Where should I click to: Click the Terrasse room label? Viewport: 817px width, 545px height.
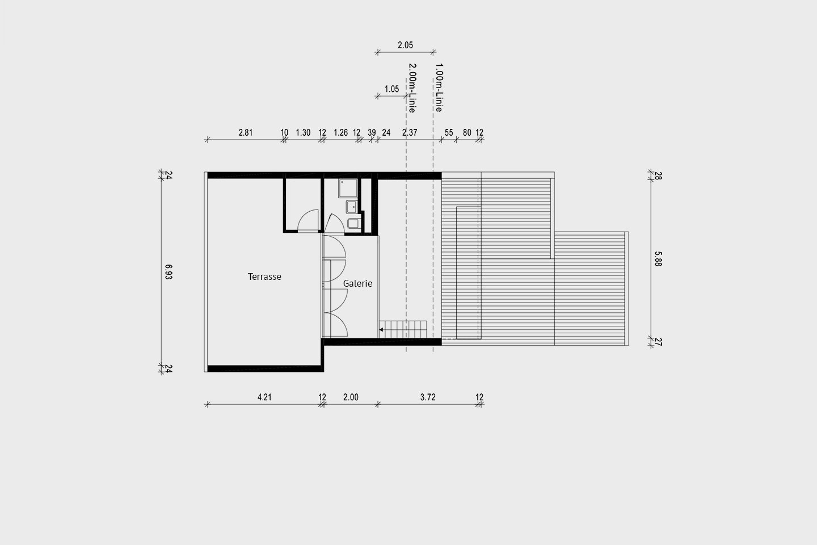[x=264, y=276]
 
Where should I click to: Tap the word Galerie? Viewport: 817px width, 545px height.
[x=357, y=284]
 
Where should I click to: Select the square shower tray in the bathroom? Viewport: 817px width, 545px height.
[x=348, y=188]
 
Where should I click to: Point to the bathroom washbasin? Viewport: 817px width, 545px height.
[x=352, y=207]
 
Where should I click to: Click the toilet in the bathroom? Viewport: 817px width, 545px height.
[x=354, y=223]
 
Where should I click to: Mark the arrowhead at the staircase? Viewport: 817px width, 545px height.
[x=381, y=330]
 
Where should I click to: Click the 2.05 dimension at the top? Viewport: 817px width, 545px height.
[x=405, y=45]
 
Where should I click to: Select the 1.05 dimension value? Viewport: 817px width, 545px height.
[x=391, y=89]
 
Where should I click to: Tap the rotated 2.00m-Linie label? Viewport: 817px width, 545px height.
[x=412, y=88]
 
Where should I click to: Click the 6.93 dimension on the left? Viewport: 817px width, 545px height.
[x=168, y=272]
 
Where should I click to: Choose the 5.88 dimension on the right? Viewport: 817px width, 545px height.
[x=658, y=259]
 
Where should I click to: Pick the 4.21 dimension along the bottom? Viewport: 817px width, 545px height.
[x=264, y=397]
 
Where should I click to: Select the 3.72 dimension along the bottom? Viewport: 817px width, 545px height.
[x=428, y=397]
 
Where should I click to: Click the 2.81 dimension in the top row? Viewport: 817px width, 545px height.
[x=246, y=132]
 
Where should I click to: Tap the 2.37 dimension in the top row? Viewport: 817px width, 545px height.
[x=410, y=132]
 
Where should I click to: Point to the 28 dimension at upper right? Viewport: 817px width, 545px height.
[x=658, y=175]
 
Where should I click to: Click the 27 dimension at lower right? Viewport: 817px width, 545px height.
[x=658, y=342]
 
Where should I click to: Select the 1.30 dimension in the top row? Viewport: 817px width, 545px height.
[x=303, y=132]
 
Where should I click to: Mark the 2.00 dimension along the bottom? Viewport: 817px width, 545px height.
[x=351, y=397]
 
